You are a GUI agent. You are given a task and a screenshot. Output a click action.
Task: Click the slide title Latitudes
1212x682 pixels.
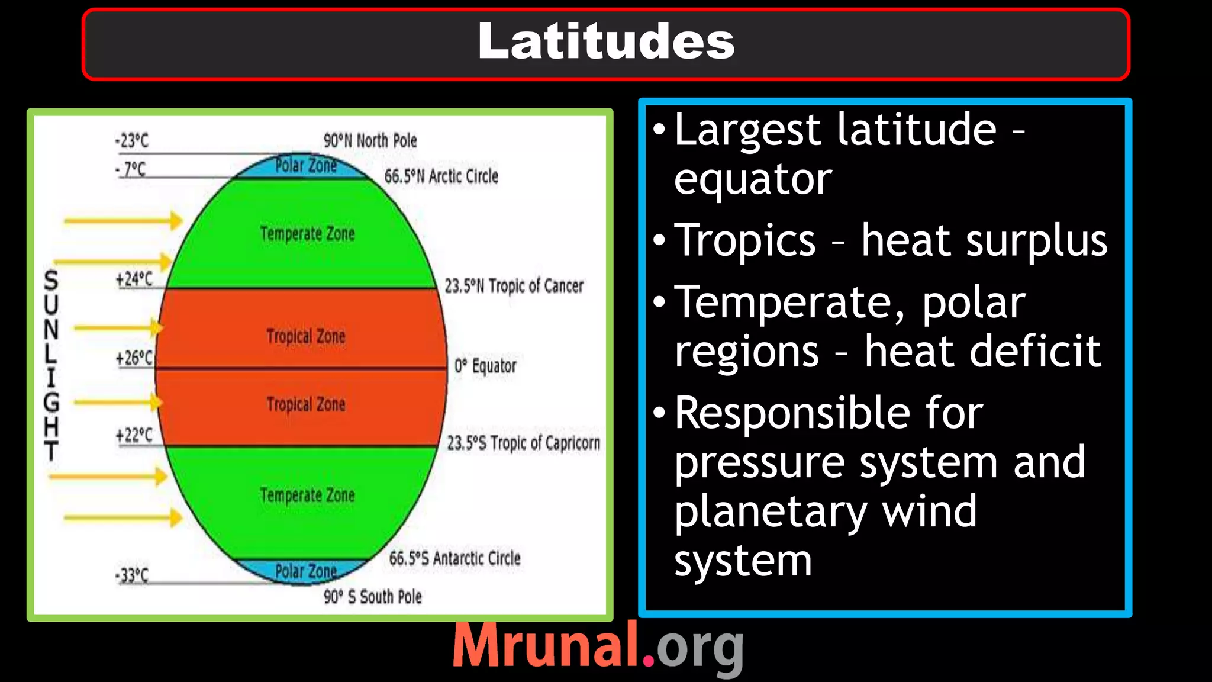pyautogui.click(x=606, y=41)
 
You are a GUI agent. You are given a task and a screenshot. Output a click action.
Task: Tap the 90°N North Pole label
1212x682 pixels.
pyautogui.click(x=370, y=141)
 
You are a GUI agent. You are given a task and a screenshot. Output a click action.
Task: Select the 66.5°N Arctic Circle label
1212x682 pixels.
pyautogui.click(x=441, y=176)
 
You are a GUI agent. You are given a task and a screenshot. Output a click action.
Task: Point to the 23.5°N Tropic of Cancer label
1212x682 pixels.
pyautogui.click(x=514, y=287)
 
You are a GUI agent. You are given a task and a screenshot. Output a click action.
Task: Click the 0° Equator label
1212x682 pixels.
pyautogui.click(x=485, y=366)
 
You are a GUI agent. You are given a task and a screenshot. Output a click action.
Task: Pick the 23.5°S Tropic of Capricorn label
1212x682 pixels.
pyautogui.click(x=523, y=443)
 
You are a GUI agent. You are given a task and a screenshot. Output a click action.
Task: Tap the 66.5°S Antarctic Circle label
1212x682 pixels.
pyautogui.click(x=454, y=558)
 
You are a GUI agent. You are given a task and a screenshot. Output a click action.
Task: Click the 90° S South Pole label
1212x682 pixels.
pyautogui.click(x=372, y=597)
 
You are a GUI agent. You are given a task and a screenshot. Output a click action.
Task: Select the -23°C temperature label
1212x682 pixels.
pyautogui.click(x=131, y=141)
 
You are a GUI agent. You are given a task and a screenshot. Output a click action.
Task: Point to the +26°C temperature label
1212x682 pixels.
pyautogui.click(x=134, y=358)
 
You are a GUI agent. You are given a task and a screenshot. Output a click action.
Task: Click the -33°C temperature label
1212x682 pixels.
pyautogui.click(x=131, y=575)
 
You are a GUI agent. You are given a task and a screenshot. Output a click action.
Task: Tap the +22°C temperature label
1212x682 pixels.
pyautogui.click(x=134, y=436)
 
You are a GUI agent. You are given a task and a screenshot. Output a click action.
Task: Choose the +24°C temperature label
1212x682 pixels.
pyautogui.click(x=134, y=279)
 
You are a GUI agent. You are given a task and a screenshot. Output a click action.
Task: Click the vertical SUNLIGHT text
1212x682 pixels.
pyautogui.click(x=51, y=365)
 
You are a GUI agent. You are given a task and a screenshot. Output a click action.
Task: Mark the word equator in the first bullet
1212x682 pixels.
pyautogui.click(x=753, y=179)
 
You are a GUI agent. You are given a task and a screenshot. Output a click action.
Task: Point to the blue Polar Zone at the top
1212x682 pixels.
pyautogui.click(x=305, y=166)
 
